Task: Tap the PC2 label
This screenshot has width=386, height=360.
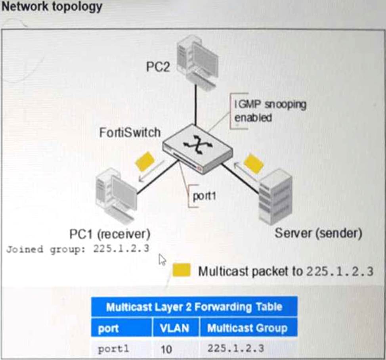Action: coord(158,67)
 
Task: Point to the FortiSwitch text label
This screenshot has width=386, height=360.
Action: coord(130,132)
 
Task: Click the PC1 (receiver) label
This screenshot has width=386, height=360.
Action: coord(109,234)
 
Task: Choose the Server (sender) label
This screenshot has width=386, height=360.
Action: coord(318,233)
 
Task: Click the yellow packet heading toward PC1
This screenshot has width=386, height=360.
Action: coord(145,161)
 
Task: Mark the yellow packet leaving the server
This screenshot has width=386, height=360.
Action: coord(254,163)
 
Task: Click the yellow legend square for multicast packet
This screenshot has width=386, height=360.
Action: coord(182,270)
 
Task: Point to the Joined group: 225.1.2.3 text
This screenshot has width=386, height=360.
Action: coord(78,250)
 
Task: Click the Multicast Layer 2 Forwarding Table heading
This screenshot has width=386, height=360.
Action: coord(194,307)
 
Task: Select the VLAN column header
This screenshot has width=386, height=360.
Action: coord(174,328)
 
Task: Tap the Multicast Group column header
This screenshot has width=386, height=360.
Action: coord(247,328)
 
